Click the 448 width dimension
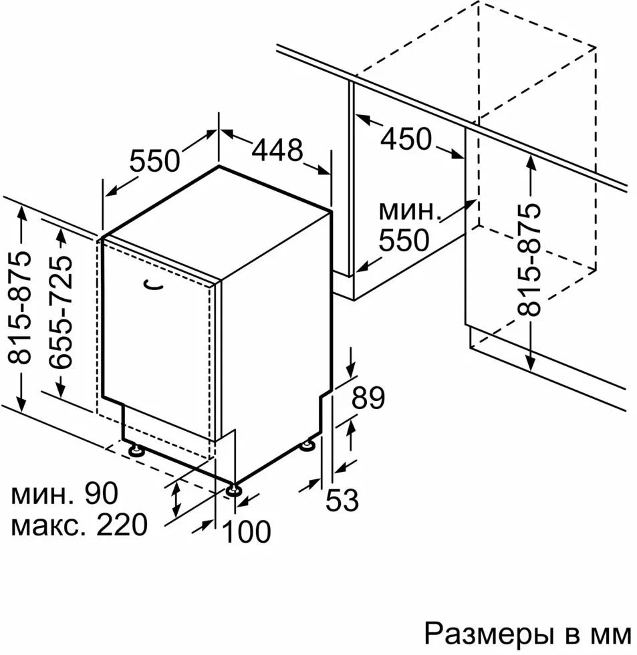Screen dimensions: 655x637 tap(277, 150)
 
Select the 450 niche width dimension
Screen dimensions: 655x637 tap(406, 139)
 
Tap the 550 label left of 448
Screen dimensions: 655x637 tap(155, 161)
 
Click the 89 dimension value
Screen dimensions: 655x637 tap(369, 399)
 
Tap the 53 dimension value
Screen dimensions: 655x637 tap(342, 499)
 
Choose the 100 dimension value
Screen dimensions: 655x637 tap(247, 532)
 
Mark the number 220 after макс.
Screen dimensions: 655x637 tap(121, 525)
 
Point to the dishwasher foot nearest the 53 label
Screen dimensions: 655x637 tap(309, 444)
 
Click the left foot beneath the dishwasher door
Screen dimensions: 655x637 tap(137, 450)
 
